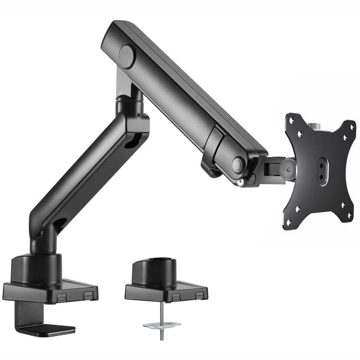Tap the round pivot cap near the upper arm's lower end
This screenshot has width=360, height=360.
[238, 164]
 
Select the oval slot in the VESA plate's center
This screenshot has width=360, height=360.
[323, 171]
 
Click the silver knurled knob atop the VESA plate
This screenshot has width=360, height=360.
[314, 126]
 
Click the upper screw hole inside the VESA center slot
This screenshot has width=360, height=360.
[323, 165]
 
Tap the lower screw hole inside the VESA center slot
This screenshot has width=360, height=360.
[323, 178]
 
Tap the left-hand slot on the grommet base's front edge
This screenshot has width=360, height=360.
[177, 297]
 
